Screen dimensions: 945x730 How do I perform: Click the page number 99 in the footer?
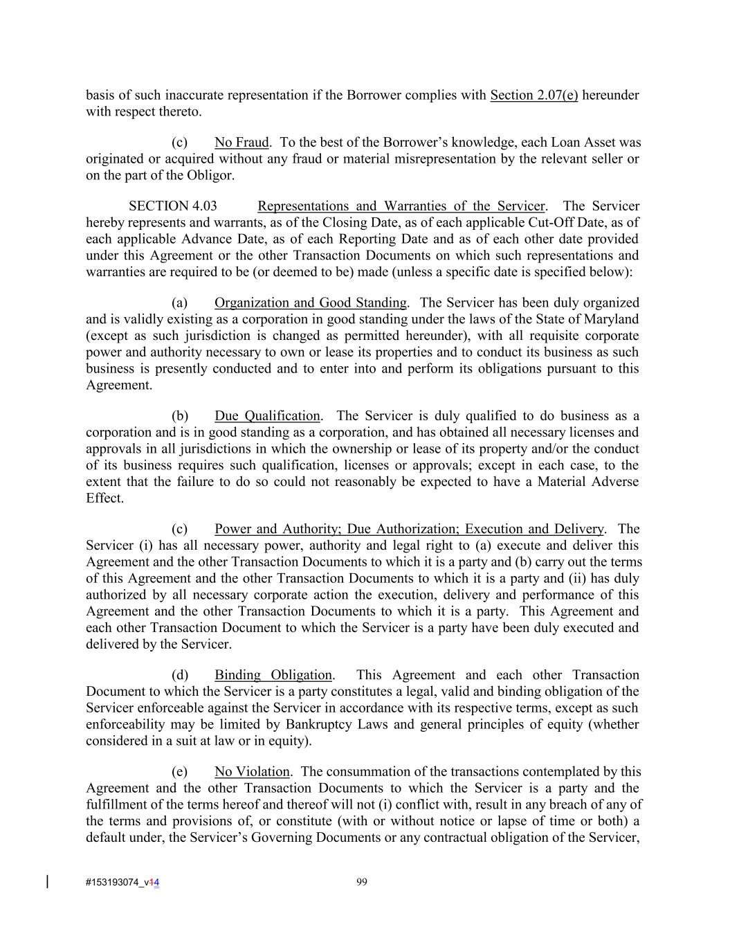(x=361, y=881)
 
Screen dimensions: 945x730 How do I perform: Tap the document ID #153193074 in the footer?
(x=114, y=882)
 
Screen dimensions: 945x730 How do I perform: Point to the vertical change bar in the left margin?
(x=47, y=881)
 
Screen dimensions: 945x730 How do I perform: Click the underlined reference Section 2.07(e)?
(x=533, y=95)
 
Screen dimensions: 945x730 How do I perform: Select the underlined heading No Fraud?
(x=241, y=143)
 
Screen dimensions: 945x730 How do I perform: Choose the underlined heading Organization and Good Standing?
(x=310, y=303)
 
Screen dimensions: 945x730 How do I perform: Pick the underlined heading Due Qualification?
(x=267, y=415)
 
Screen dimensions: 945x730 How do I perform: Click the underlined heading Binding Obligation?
(x=273, y=674)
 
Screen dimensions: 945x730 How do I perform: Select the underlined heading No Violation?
(x=252, y=771)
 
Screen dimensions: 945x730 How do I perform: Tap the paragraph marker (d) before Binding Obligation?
(x=180, y=674)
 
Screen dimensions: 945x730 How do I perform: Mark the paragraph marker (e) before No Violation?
(x=180, y=771)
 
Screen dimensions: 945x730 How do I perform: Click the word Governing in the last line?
(x=281, y=837)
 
